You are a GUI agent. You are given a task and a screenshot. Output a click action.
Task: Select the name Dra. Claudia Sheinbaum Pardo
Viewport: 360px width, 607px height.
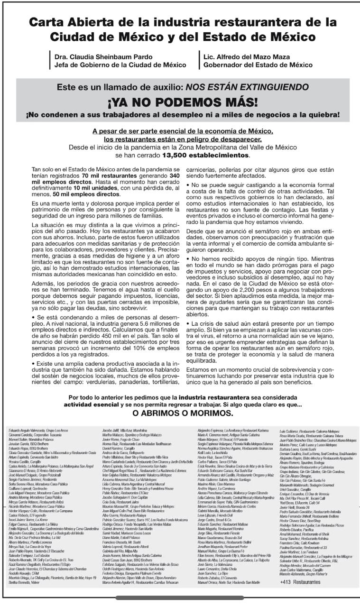tap(97, 57)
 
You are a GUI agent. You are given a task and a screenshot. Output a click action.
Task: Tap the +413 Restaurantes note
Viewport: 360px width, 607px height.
tap(300, 582)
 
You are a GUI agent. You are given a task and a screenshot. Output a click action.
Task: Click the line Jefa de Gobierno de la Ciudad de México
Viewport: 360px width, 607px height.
tap(120, 65)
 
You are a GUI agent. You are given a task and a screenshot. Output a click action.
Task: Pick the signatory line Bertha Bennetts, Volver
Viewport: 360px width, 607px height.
tap(24, 582)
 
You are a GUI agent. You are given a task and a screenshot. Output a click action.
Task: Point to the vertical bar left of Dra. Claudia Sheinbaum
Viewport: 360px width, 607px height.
tap(51, 61)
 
